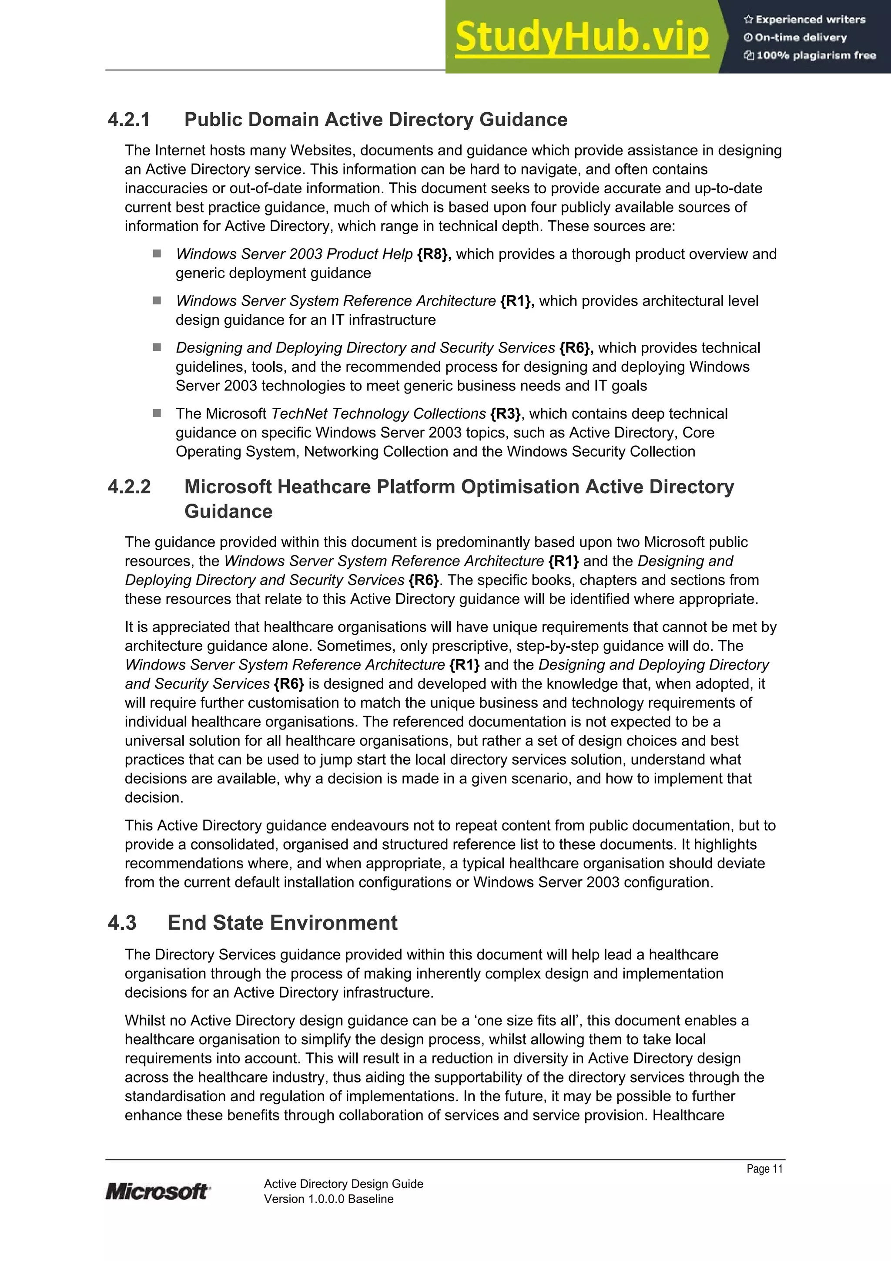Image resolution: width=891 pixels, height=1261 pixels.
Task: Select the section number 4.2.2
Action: click(129, 487)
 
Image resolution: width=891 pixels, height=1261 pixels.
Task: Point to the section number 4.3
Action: click(122, 923)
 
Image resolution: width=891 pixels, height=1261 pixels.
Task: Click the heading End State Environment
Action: click(282, 923)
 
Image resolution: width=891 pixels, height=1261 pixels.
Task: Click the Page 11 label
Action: click(764, 1169)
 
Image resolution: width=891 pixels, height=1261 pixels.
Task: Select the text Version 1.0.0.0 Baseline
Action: click(328, 1199)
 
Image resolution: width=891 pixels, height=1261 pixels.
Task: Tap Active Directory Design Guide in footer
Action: click(343, 1184)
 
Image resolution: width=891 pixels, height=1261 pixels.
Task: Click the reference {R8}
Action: click(434, 254)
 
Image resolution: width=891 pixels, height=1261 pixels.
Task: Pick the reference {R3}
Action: click(506, 414)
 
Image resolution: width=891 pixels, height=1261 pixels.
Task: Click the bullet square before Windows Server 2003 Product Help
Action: click(157, 254)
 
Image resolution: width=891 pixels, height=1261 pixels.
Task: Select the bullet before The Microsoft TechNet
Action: click(157, 413)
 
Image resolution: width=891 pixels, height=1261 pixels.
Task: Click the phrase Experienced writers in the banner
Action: click(810, 19)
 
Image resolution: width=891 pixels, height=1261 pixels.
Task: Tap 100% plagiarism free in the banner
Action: click(815, 55)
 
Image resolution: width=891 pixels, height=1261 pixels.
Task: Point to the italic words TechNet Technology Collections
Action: click(379, 414)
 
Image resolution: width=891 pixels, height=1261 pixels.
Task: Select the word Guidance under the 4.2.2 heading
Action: click(228, 511)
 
